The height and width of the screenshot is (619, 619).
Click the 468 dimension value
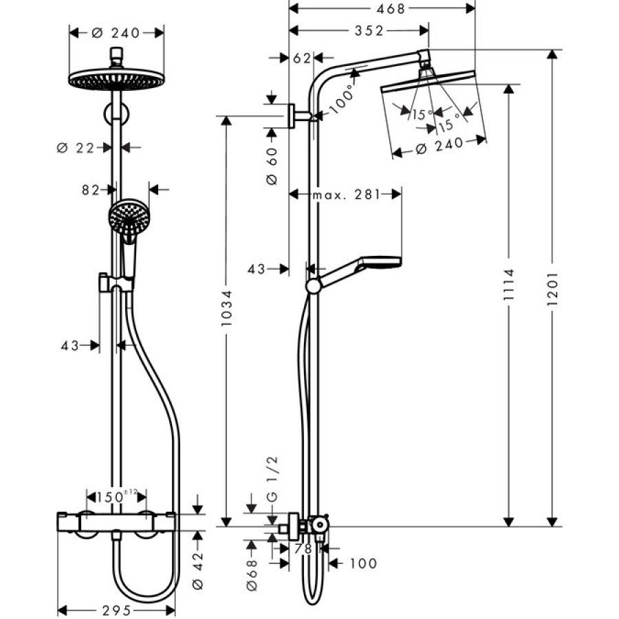click(x=391, y=9)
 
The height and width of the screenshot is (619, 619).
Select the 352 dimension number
click(x=369, y=31)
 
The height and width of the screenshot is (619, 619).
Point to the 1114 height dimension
click(x=509, y=285)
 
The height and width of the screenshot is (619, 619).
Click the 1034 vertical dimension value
click(x=226, y=308)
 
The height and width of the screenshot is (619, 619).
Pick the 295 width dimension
click(x=116, y=611)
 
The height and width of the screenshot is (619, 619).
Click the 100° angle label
click(x=343, y=101)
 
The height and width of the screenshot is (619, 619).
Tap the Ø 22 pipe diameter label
click(x=76, y=148)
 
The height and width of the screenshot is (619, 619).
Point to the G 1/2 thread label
click(x=272, y=479)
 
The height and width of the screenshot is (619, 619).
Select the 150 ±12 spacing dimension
click(x=117, y=496)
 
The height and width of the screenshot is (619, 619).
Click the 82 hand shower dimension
click(x=90, y=191)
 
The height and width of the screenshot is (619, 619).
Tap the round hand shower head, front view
click(x=129, y=217)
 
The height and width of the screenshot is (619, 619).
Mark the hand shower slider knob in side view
click(x=314, y=287)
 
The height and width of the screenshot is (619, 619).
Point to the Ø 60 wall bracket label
click(x=272, y=167)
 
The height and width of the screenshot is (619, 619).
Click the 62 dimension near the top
click(x=302, y=58)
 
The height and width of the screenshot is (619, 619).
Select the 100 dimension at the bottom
click(x=364, y=563)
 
